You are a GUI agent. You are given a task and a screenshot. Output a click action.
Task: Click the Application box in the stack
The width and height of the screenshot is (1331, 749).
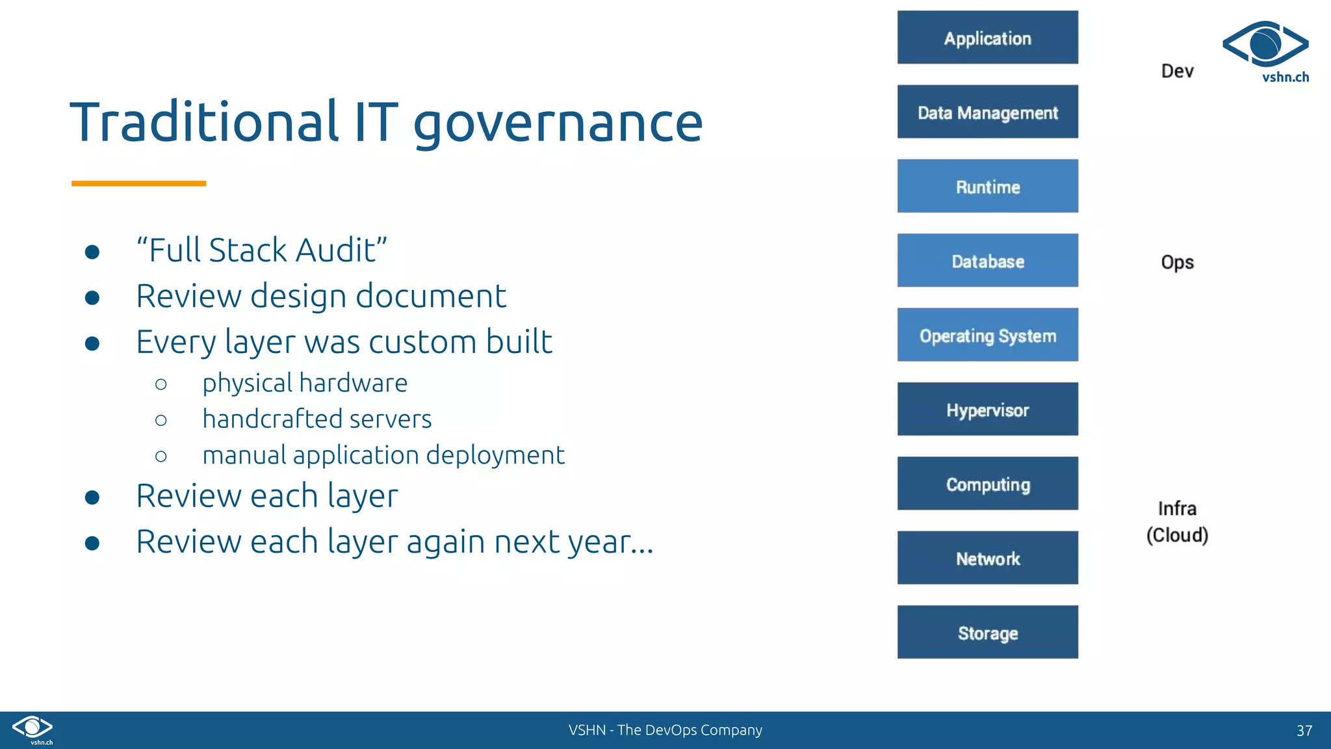(x=987, y=38)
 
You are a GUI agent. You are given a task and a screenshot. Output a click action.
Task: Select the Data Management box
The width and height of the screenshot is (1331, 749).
(x=987, y=112)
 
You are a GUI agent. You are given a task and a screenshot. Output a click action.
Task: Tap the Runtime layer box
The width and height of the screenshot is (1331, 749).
(x=987, y=187)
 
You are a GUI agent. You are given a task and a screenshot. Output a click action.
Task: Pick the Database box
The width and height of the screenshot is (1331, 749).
(x=987, y=261)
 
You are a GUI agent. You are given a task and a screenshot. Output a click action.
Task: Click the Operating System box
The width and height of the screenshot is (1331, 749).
(x=987, y=335)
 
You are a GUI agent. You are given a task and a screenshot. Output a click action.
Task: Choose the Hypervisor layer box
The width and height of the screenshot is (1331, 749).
(x=987, y=410)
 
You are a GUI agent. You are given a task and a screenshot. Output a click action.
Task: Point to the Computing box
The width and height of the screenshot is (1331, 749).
(x=987, y=484)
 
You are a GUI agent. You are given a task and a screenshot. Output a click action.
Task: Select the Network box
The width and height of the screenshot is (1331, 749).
(x=987, y=558)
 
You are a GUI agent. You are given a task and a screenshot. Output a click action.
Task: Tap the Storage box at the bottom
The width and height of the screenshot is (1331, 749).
(x=987, y=633)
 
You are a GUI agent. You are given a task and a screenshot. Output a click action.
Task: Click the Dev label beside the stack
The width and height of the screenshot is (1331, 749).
(x=1177, y=71)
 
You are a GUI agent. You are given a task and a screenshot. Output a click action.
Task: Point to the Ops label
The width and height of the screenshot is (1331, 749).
(x=1177, y=262)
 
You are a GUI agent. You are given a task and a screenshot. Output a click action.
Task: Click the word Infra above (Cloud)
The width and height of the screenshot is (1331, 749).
(x=1177, y=508)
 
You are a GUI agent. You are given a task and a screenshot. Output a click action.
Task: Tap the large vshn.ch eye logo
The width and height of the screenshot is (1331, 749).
(x=1265, y=46)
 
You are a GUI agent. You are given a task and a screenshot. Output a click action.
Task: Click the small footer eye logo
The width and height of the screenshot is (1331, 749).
(x=32, y=728)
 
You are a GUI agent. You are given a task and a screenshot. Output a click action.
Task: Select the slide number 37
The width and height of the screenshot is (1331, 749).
(x=1304, y=730)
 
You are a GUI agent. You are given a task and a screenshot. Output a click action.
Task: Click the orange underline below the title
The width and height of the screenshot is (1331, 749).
(x=138, y=183)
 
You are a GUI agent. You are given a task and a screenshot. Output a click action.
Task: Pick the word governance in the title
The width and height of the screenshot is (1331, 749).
(x=558, y=123)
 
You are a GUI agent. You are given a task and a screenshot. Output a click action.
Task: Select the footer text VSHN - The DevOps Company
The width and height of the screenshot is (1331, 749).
(x=665, y=730)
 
